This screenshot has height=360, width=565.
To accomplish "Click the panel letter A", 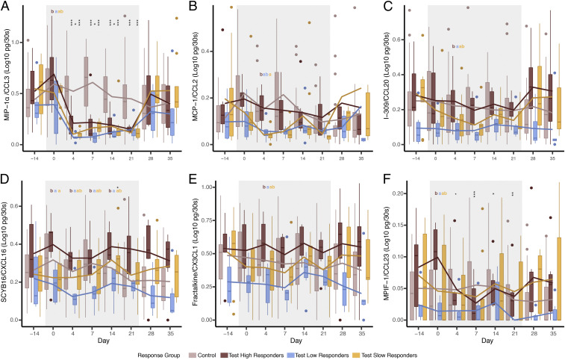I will point(5,6).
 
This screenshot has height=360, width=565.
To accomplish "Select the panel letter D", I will point(5,179).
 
